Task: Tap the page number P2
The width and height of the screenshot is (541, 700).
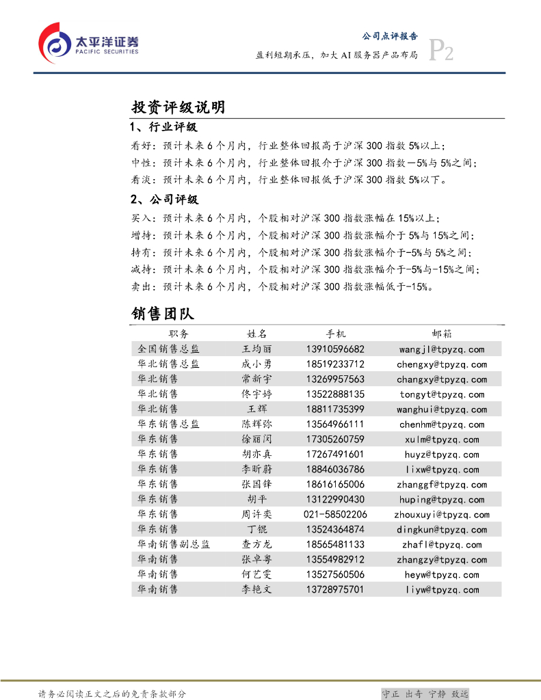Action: pyautogui.click(x=440, y=51)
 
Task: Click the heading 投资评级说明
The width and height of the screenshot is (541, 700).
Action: pyautogui.click(x=178, y=107)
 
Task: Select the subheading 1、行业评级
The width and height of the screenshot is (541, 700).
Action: pyautogui.click(x=164, y=128)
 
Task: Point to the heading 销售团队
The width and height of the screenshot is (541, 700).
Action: pyautogui.click(x=163, y=313)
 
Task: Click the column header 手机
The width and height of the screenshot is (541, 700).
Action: pyautogui.click(x=335, y=334)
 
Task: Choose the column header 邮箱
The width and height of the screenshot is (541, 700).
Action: pyautogui.click(x=442, y=334)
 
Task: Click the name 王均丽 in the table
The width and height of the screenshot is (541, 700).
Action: pyautogui.click(x=256, y=349)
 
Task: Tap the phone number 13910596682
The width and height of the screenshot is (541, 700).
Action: pyautogui.click(x=335, y=349)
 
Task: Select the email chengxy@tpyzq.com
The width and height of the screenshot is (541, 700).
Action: pyautogui.click(x=442, y=364)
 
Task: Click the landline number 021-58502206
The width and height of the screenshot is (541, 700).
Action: pyautogui.click(x=335, y=515)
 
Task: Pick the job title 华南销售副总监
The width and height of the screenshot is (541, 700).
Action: pyautogui.click(x=174, y=545)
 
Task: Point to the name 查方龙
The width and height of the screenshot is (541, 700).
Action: pyautogui.click(x=256, y=545)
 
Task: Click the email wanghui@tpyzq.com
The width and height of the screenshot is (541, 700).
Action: pyautogui.click(x=442, y=409)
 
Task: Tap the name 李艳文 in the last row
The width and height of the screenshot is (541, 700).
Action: pyautogui.click(x=256, y=590)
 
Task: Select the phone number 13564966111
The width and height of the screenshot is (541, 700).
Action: pyautogui.click(x=335, y=425)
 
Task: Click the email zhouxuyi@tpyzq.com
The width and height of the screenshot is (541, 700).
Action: pyautogui.click(x=442, y=515)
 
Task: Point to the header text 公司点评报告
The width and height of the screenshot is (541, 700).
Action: pyautogui.click(x=389, y=36)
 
